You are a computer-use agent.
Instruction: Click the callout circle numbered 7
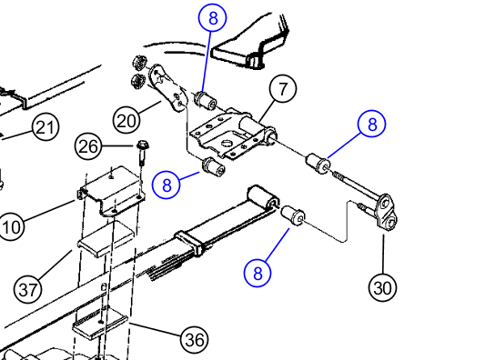(x=283, y=89)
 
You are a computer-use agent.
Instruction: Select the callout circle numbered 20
(x=126, y=120)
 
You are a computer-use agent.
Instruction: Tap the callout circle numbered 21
(x=45, y=127)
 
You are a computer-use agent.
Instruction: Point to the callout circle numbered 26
(x=88, y=146)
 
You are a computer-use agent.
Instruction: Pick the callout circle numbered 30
(x=382, y=288)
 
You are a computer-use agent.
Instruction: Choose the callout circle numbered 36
(x=195, y=339)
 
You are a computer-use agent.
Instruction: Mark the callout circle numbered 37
(x=28, y=289)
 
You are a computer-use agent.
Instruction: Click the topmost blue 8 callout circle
(x=213, y=17)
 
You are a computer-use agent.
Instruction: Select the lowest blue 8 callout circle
(x=258, y=273)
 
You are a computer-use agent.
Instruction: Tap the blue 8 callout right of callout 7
(x=372, y=124)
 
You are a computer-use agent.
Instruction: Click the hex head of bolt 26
(x=143, y=145)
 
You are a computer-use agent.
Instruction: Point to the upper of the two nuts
(x=138, y=63)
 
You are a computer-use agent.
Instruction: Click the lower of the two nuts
(x=137, y=81)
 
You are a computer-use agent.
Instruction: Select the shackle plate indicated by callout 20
(x=167, y=87)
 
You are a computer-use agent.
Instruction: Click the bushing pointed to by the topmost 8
(x=206, y=100)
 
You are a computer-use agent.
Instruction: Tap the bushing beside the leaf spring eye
(x=293, y=215)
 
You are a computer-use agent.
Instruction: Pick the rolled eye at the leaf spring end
(x=263, y=197)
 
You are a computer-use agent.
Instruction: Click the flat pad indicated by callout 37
(x=106, y=239)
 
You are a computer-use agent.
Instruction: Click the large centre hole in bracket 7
(x=227, y=144)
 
